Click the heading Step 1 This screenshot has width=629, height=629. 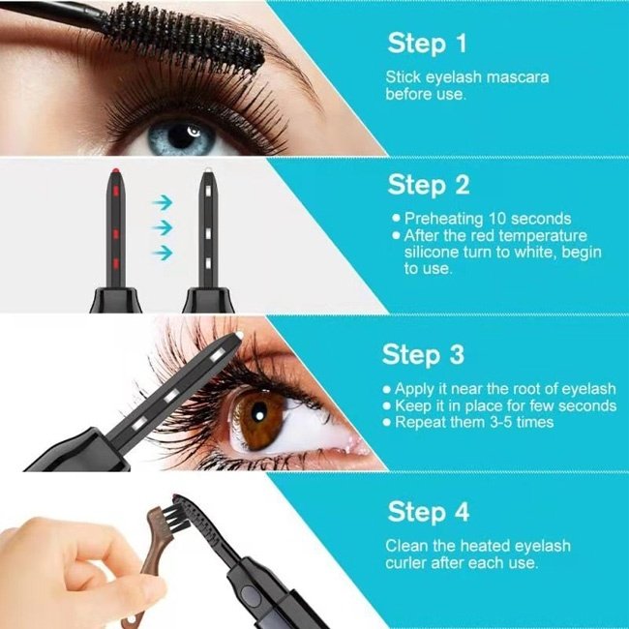[427, 44]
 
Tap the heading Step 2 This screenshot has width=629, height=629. [429, 185]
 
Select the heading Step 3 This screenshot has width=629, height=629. [423, 354]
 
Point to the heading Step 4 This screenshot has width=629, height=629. [429, 512]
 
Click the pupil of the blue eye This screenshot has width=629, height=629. [182, 136]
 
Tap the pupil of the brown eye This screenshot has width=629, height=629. [258, 415]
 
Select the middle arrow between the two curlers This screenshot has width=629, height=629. [163, 227]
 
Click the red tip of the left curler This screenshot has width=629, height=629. [115, 171]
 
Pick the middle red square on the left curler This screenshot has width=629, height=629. [116, 234]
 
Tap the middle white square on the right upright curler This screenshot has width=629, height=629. [208, 233]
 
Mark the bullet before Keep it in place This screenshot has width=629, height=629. [387, 406]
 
